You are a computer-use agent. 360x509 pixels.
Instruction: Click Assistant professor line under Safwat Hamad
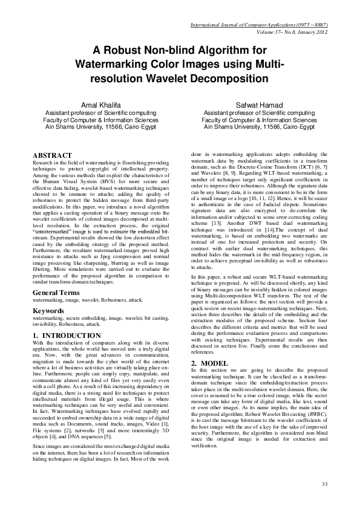259,112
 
